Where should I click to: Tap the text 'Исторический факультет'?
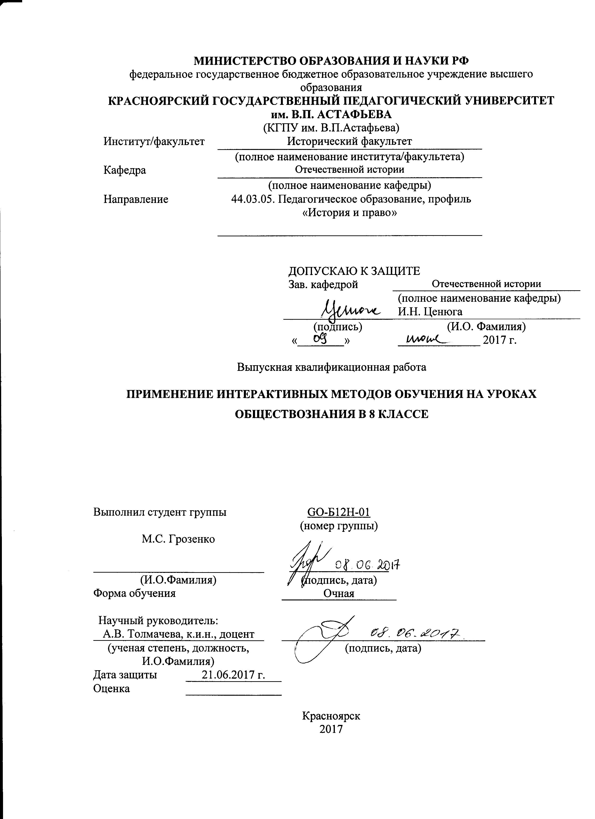click(349, 141)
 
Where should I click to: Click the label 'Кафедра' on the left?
click(125, 170)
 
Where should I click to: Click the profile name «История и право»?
click(349, 213)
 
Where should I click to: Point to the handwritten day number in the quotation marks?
click(320, 338)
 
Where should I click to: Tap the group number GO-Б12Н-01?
click(339, 512)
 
